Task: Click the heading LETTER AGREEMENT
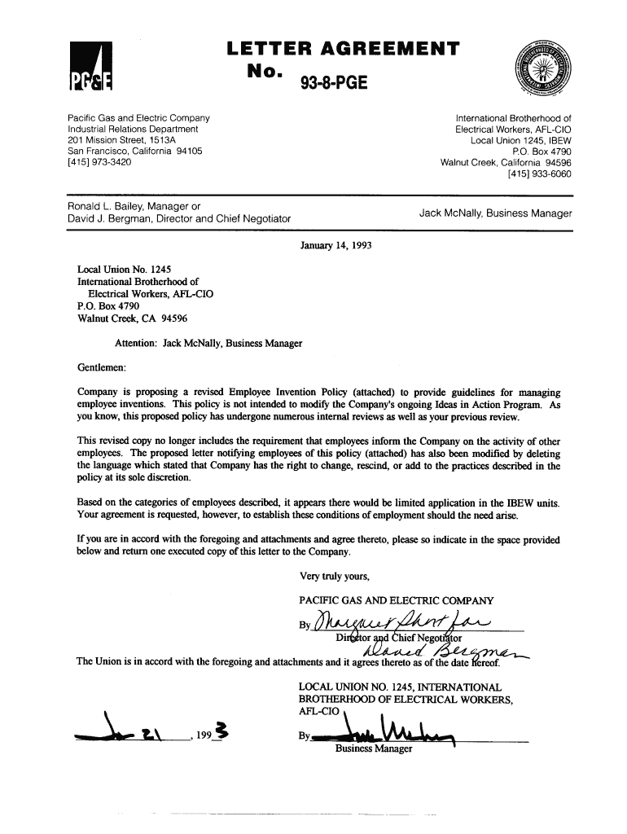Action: [343, 49]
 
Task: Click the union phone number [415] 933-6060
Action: [539, 173]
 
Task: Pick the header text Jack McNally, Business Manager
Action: [495, 213]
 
